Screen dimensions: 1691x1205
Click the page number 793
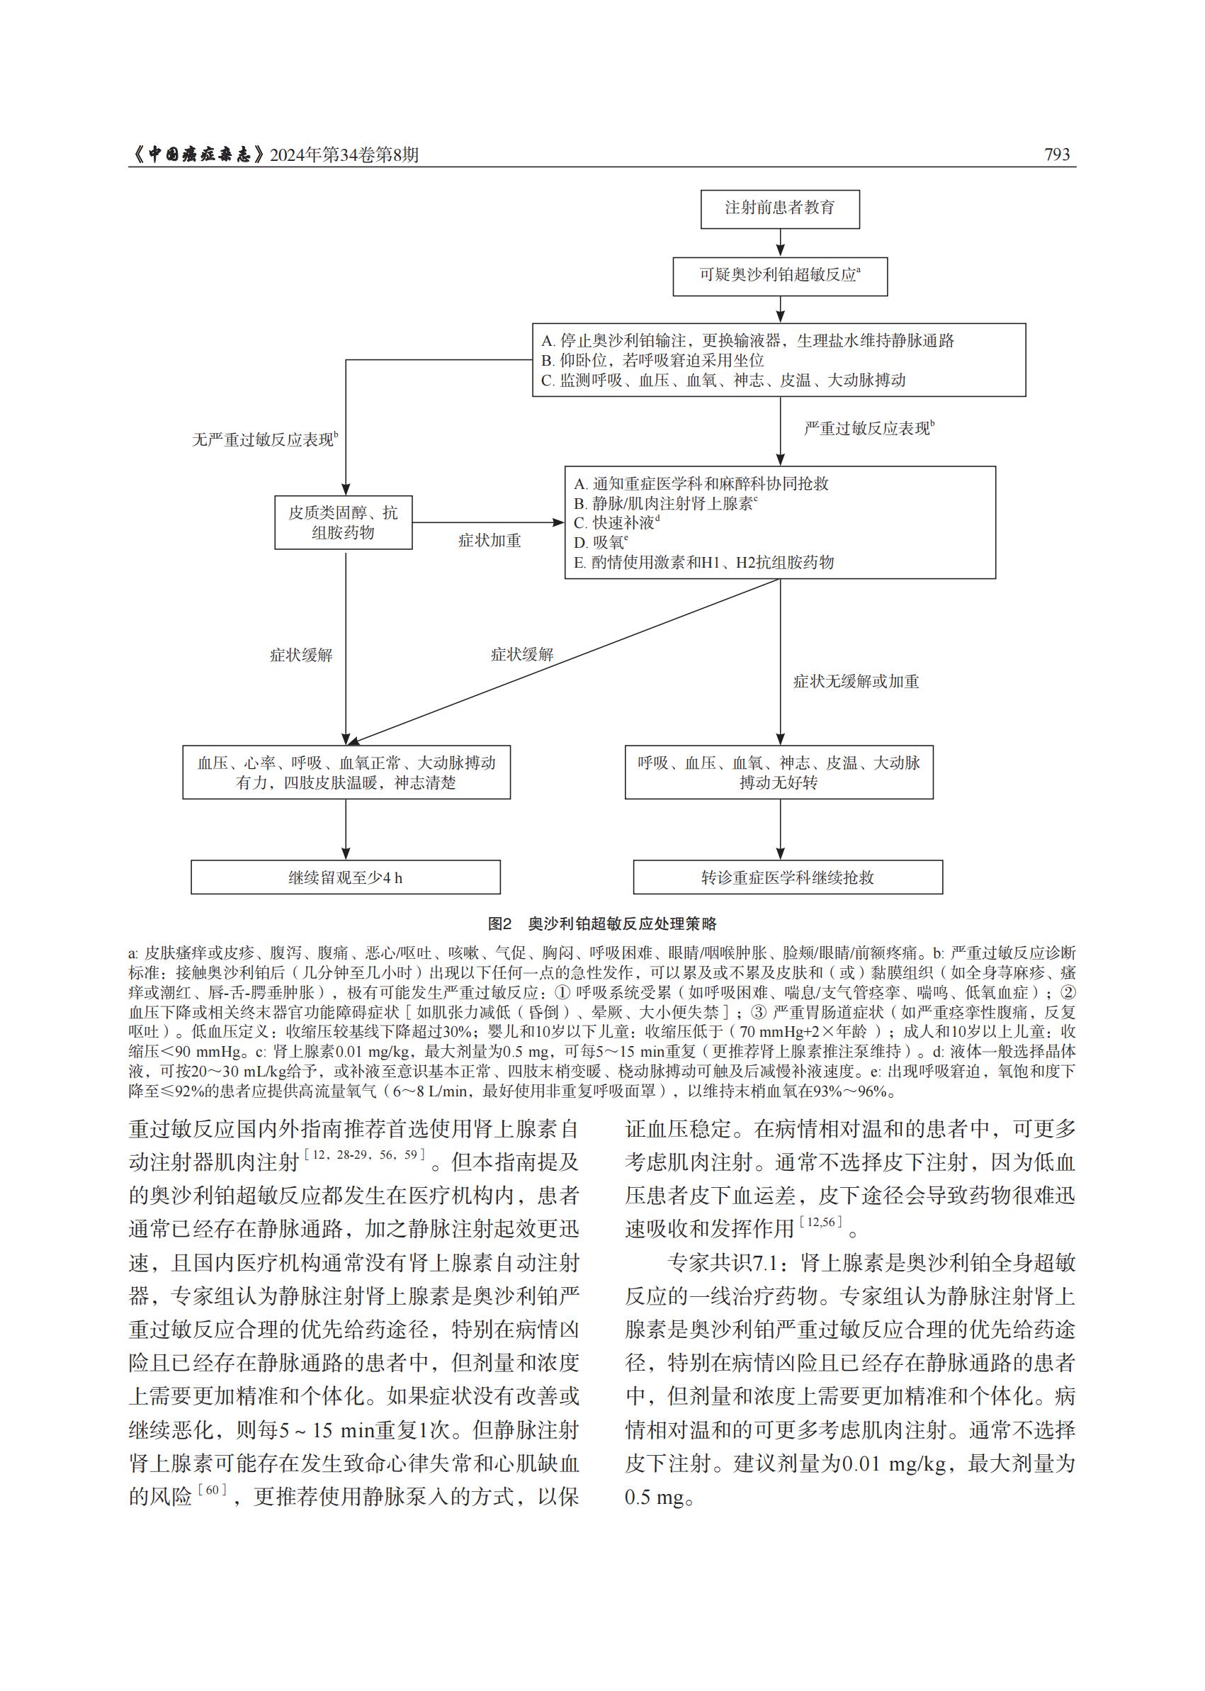click(1057, 155)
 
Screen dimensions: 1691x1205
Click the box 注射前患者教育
click(780, 208)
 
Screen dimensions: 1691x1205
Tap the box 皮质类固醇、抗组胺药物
click(343, 522)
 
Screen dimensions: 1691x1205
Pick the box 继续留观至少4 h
click(345, 877)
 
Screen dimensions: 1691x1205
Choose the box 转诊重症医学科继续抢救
click(787, 877)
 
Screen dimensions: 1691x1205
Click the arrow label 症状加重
click(489, 541)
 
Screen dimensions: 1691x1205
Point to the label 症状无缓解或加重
click(856, 682)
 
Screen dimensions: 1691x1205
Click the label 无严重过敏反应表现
click(264, 439)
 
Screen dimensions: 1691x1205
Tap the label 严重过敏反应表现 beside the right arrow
click(868, 428)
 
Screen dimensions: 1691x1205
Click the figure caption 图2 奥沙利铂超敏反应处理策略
click(601, 924)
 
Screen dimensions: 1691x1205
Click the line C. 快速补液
click(616, 522)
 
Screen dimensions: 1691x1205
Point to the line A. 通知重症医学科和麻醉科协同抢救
click(701, 483)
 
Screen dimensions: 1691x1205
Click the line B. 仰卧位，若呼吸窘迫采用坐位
click(653, 361)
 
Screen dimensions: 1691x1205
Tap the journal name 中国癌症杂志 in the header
click(200, 155)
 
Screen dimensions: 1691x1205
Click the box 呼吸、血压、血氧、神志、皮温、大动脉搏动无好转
click(779, 772)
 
